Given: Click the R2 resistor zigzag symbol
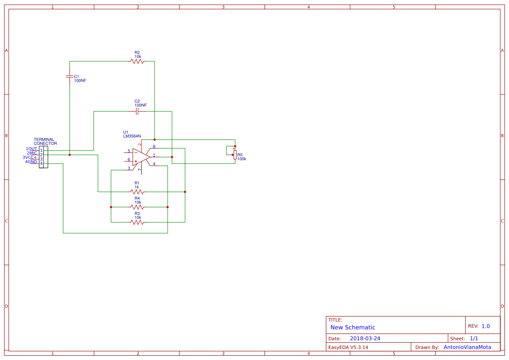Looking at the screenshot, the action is [x=137, y=61].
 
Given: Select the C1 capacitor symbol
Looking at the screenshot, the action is [x=70, y=77].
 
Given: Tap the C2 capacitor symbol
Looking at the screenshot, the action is [x=137, y=111].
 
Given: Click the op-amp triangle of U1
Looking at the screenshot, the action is [x=141, y=157].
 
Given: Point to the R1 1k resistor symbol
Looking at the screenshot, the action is [x=137, y=192].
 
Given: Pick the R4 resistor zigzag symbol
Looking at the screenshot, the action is [x=137, y=207].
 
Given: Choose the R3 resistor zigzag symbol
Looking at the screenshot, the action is [x=137, y=222].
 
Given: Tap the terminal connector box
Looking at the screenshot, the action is [x=44, y=157].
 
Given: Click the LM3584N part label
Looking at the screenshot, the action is [x=132, y=136].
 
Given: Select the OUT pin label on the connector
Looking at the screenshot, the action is [x=33, y=149].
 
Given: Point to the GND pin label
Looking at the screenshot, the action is [x=32, y=161].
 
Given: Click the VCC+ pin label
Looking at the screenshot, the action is [x=31, y=158].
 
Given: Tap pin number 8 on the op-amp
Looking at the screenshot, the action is [x=154, y=147].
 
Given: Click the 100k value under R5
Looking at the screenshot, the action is [x=242, y=159].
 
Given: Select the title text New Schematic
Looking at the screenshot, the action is [x=353, y=327].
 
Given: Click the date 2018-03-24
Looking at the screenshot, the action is [x=365, y=338].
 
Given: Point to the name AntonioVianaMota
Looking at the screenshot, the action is [x=468, y=347].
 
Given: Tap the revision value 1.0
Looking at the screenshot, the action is [x=485, y=326].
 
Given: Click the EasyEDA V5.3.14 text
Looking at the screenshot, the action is [x=348, y=347].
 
